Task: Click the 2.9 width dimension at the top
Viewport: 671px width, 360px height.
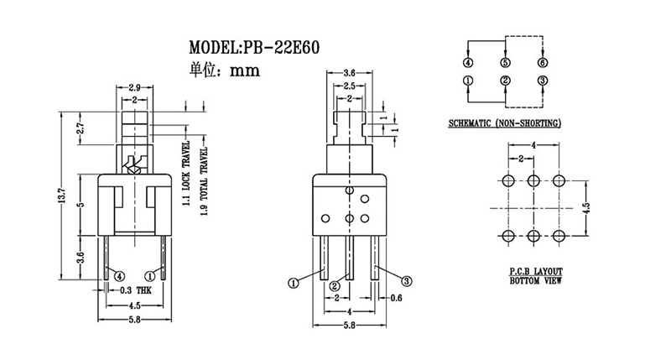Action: click(x=134, y=87)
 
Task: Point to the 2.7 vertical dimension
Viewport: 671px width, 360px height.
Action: click(x=81, y=130)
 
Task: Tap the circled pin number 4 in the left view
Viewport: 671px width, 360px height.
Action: click(x=119, y=275)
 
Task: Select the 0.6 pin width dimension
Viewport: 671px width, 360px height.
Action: click(x=398, y=298)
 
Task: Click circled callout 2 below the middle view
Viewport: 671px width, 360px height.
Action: click(x=334, y=286)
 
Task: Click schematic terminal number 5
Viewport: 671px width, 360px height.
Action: click(x=505, y=63)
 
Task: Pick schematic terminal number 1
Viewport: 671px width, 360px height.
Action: click(x=468, y=81)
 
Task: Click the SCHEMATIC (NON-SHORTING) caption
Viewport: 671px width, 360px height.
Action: click(x=505, y=123)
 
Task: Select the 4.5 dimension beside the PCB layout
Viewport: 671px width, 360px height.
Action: click(x=588, y=206)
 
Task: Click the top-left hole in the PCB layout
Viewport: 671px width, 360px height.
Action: click(x=507, y=180)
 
